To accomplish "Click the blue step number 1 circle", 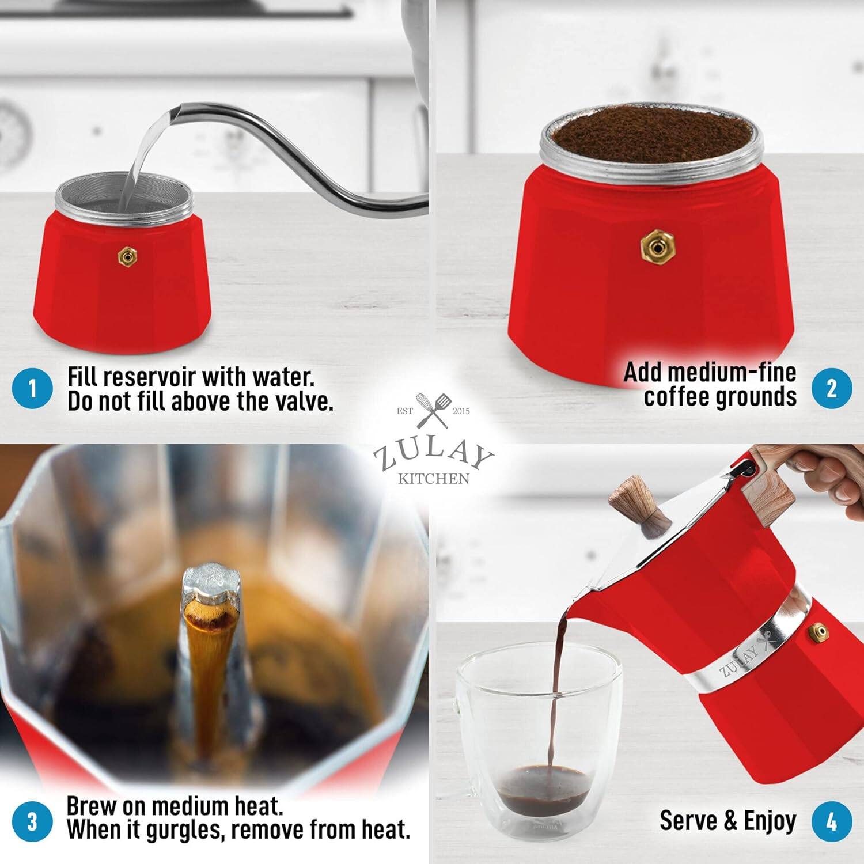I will click(x=32, y=389).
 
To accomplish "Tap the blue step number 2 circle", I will click(x=832, y=389).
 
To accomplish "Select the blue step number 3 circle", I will click(x=32, y=821).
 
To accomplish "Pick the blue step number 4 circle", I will click(x=832, y=821).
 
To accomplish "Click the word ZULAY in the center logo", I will click(x=433, y=454).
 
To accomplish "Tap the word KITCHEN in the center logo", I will click(x=433, y=479).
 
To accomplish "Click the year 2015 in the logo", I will click(x=461, y=411).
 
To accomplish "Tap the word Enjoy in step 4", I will click(x=770, y=820).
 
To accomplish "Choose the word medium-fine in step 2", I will click(x=710, y=373).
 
